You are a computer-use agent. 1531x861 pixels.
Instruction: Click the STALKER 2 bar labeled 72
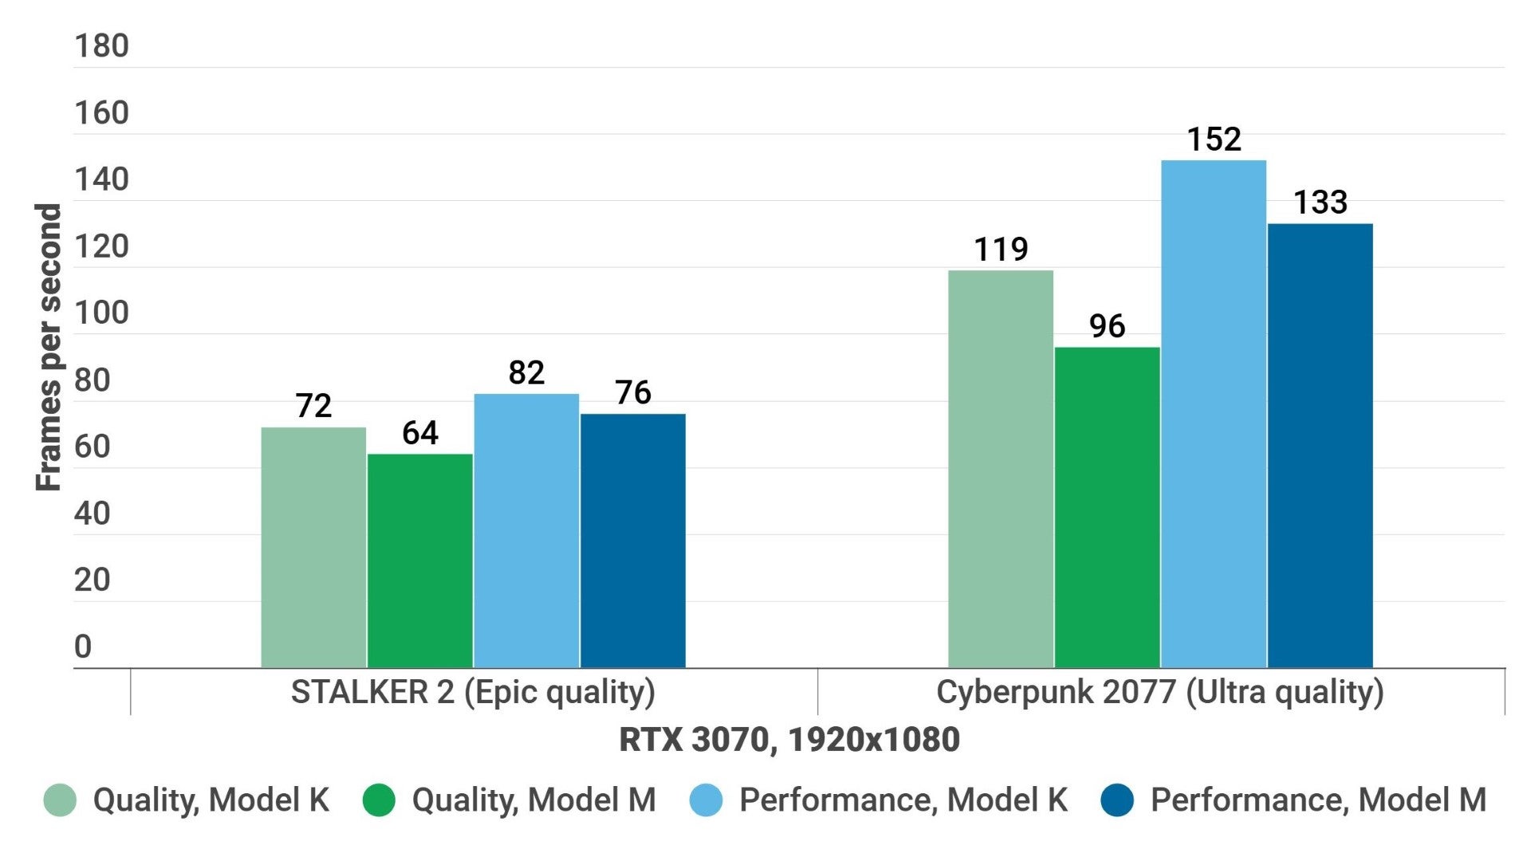click(x=313, y=548)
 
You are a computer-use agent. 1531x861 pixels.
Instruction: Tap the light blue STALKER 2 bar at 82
click(x=526, y=531)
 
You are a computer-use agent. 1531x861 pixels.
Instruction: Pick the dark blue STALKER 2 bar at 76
click(x=633, y=541)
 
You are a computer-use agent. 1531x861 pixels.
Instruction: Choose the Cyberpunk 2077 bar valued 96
click(x=1107, y=507)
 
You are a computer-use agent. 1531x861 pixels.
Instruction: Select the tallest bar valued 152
click(x=1214, y=414)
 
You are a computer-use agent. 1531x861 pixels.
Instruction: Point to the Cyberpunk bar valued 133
click(x=1320, y=446)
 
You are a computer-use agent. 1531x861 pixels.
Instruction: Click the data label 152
click(x=1214, y=140)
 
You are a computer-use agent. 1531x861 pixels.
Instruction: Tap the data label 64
click(x=420, y=433)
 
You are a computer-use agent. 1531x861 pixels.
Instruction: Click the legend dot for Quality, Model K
click(x=60, y=800)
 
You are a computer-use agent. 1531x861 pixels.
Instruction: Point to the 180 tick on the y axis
click(x=101, y=46)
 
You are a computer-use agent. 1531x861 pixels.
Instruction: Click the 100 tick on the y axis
click(x=101, y=313)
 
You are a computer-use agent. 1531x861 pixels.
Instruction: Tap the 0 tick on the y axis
click(x=83, y=647)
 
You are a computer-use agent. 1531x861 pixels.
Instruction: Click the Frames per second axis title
click(x=49, y=347)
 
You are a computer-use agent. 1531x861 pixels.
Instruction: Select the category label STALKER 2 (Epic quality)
click(x=473, y=692)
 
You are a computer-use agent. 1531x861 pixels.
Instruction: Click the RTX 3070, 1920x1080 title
click(x=789, y=740)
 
